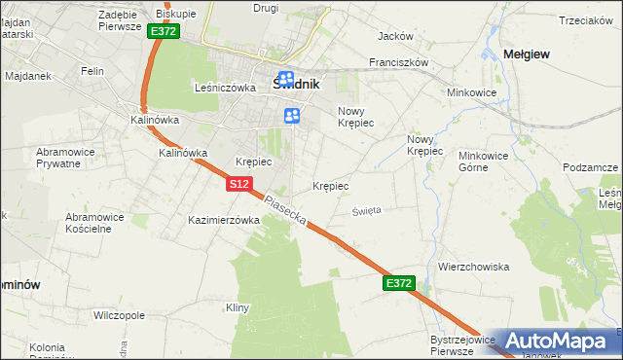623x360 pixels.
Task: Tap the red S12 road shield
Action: click(242, 183)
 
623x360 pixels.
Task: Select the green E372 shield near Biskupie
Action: click(164, 32)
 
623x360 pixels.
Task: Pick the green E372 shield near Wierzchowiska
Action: click(399, 283)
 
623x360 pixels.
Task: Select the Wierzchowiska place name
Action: click(474, 267)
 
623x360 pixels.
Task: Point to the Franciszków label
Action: click(399, 61)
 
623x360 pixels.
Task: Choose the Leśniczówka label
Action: click(225, 87)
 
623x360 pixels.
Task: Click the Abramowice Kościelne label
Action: click(95, 223)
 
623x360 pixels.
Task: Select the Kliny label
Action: click(238, 307)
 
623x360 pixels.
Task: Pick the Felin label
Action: click(92, 72)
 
